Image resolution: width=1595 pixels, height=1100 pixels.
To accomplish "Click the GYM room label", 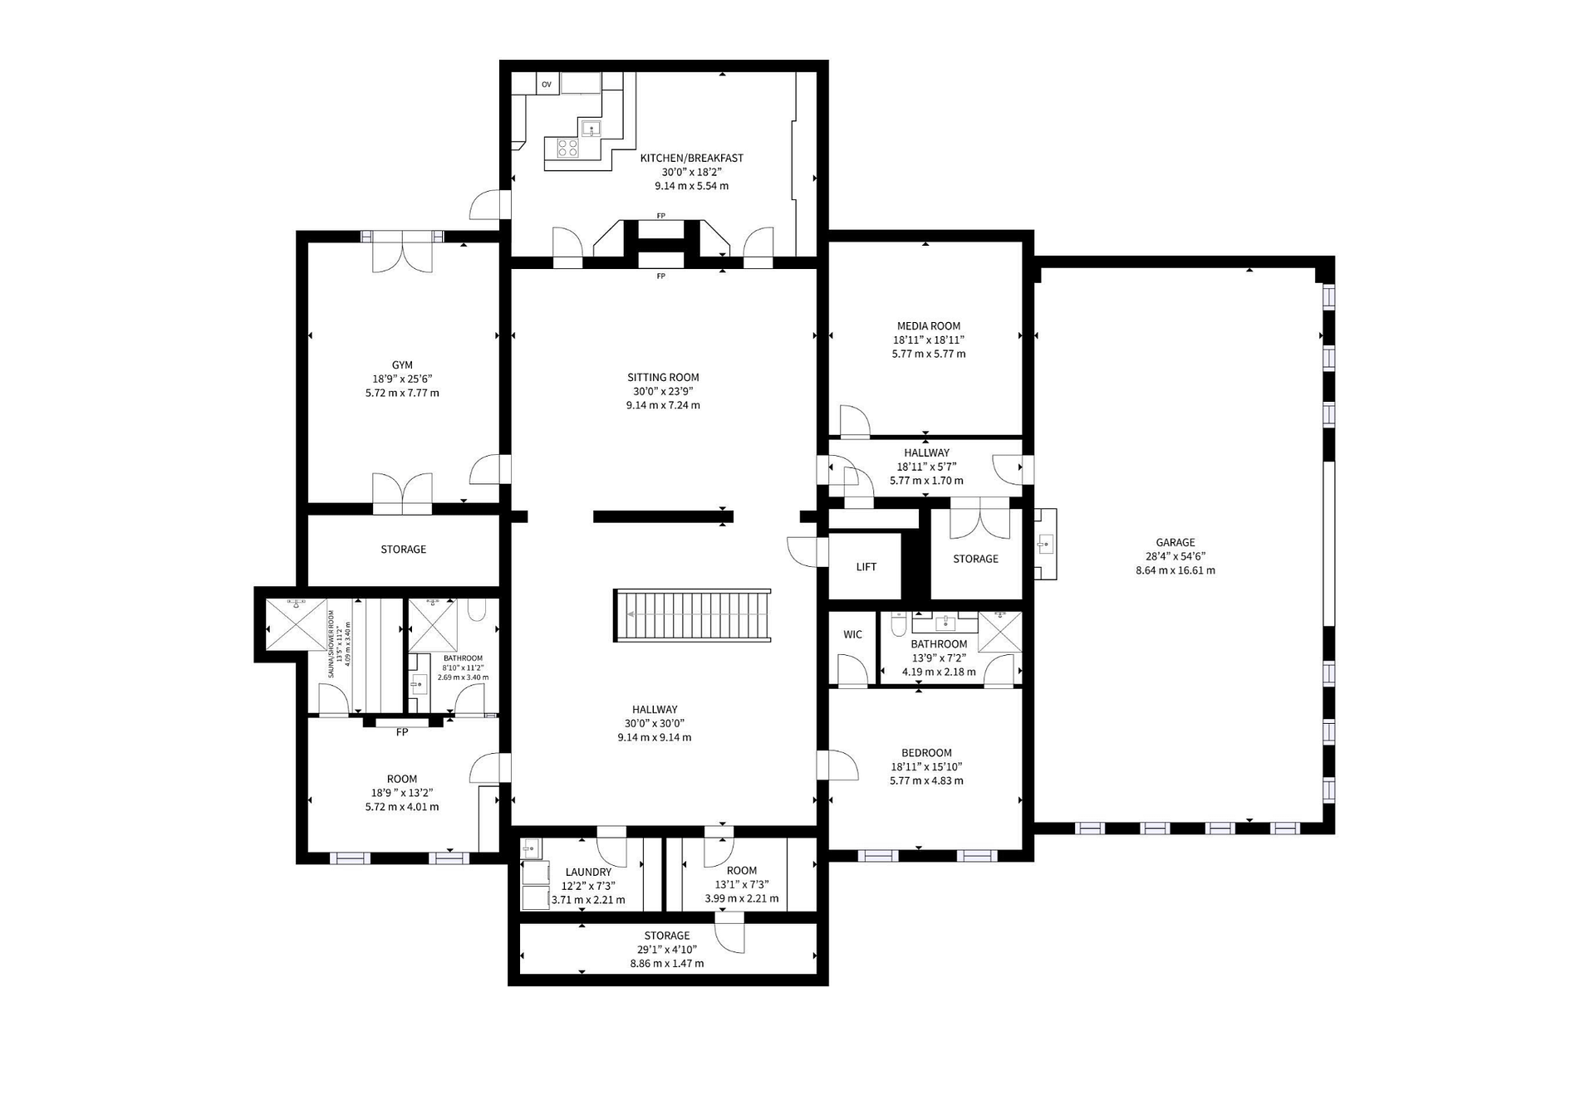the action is (x=402, y=365).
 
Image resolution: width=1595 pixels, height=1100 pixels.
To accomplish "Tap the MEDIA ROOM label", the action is (x=929, y=326).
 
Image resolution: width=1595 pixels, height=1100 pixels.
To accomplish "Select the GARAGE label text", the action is (x=1175, y=543).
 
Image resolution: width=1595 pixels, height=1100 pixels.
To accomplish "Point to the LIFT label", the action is (x=866, y=567).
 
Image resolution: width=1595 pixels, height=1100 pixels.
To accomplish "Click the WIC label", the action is (x=853, y=634).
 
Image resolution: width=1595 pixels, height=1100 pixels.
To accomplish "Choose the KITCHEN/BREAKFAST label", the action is (x=692, y=158).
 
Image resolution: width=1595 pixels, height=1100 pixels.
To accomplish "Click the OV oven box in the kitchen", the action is (x=547, y=84).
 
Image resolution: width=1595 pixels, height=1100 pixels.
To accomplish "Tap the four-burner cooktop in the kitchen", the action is (x=568, y=149).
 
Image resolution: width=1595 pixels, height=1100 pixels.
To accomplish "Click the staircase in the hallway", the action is (x=692, y=615).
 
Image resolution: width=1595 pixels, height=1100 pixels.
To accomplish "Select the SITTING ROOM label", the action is (x=663, y=378).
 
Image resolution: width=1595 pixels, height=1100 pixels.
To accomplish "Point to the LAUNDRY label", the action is (x=588, y=873).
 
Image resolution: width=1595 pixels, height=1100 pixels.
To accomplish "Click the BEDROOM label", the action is (x=927, y=753).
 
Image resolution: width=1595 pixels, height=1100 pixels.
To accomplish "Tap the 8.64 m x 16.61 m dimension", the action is (x=1175, y=570).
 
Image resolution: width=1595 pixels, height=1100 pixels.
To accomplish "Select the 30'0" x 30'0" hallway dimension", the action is (x=655, y=723).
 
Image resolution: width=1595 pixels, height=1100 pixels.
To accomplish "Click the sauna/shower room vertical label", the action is (x=339, y=644).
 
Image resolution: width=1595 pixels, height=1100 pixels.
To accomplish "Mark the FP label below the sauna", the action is (x=402, y=732).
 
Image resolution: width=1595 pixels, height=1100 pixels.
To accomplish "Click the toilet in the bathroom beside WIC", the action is (x=898, y=624).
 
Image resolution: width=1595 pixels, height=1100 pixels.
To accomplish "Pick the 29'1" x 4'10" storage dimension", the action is (x=667, y=950).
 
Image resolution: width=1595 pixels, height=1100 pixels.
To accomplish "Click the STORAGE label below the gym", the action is (x=404, y=550).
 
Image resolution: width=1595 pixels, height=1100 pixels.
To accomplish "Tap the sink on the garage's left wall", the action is (x=1045, y=545).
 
